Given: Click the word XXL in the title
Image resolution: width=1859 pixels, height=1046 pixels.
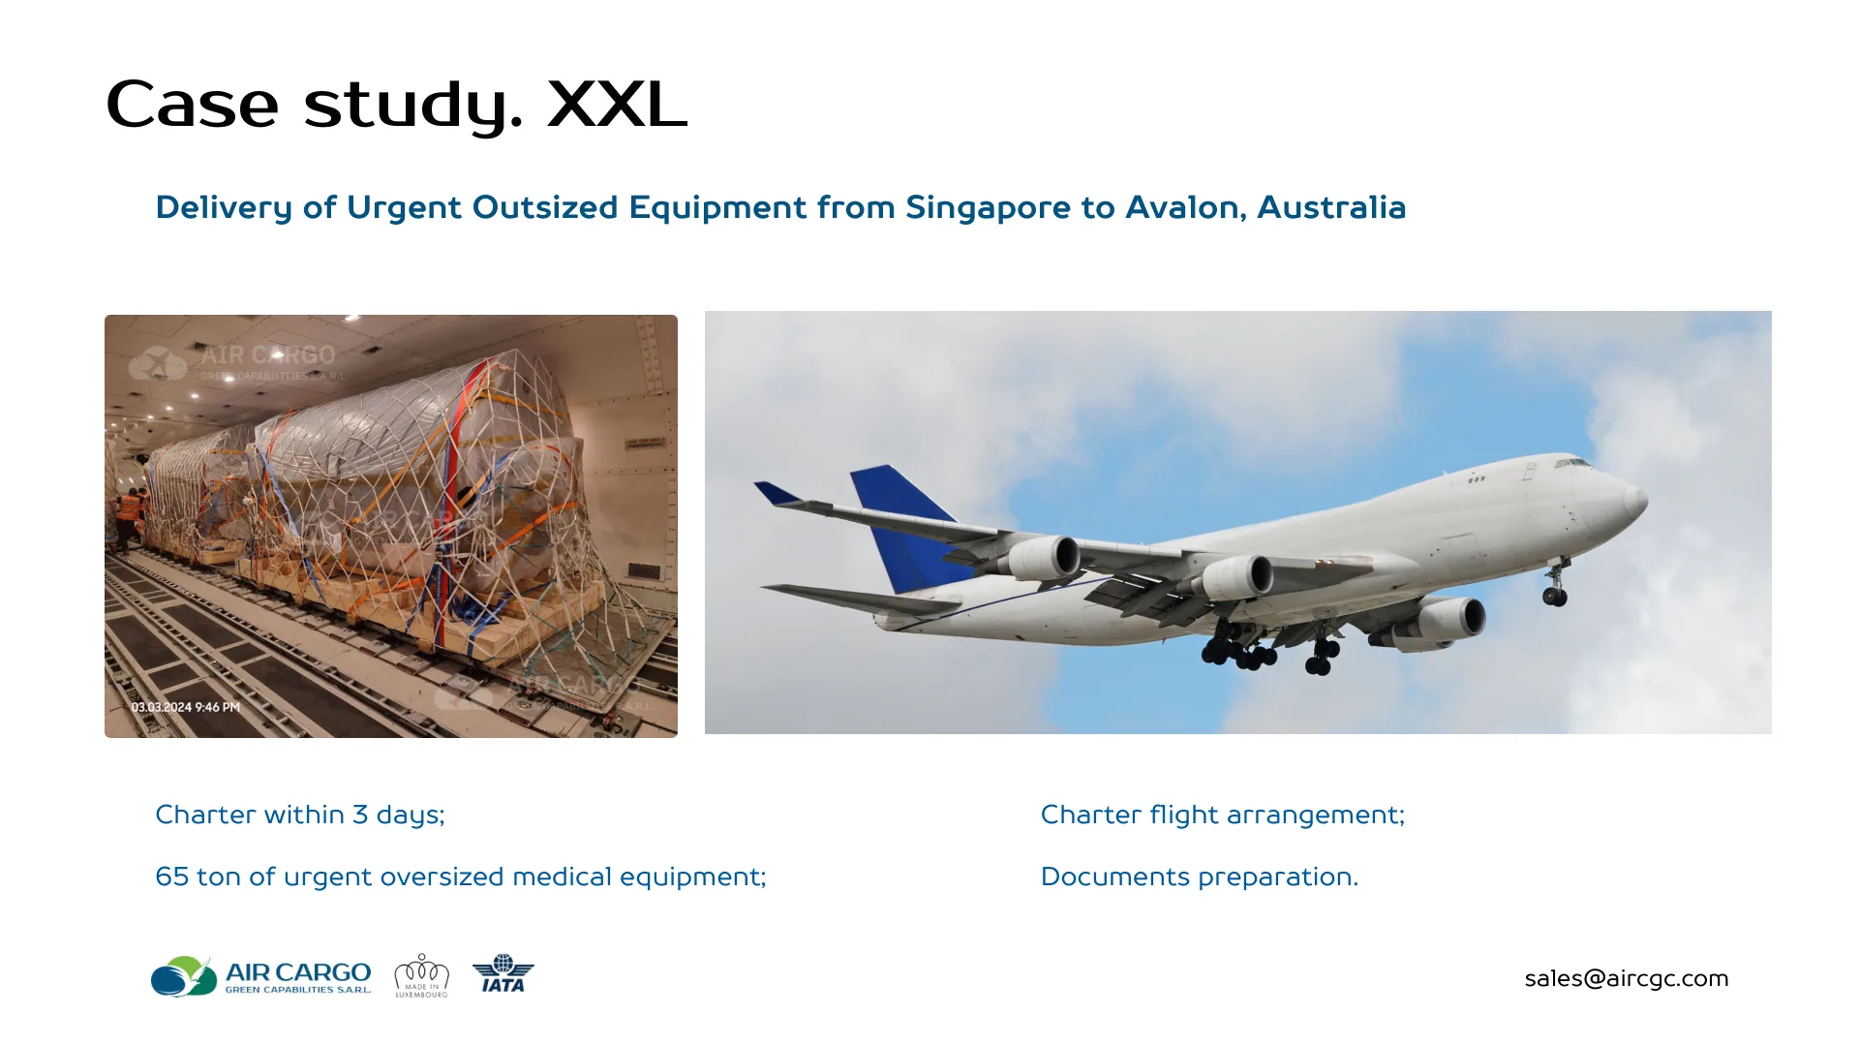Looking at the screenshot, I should (x=617, y=104).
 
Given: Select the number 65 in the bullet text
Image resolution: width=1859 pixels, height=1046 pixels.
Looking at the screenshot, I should (x=171, y=877).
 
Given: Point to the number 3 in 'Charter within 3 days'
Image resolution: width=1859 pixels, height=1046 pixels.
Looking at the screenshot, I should (x=360, y=815).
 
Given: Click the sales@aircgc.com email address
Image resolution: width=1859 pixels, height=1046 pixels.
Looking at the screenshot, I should (x=1626, y=978).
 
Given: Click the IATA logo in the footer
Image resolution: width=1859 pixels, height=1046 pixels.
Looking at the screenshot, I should (x=503, y=974).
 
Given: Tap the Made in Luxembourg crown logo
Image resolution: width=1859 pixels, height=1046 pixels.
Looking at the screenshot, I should (x=421, y=975).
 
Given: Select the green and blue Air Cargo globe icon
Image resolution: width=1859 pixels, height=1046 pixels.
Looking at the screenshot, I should (x=183, y=976).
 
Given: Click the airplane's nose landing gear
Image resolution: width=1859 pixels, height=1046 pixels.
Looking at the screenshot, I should (x=1554, y=587).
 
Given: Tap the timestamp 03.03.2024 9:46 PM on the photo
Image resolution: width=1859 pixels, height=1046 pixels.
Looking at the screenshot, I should (x=186, y=707).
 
